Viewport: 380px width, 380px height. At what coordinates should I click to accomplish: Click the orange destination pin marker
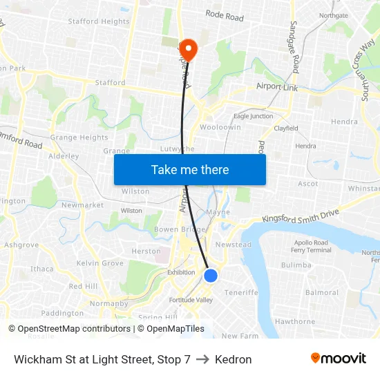[188, 49]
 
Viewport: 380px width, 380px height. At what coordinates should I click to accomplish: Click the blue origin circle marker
[211, 276]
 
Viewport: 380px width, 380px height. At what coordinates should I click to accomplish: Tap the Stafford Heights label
[98, 21]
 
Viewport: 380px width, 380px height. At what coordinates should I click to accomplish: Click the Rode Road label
[225, 15]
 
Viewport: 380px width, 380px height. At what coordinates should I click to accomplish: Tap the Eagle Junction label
[253, 116]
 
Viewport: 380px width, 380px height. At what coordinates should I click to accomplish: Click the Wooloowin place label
[220, 128]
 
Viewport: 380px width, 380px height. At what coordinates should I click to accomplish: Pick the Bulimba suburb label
[296, 265]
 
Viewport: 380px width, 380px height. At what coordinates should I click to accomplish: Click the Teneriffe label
[241, 292]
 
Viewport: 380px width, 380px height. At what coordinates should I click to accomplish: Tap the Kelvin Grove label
[99, 263]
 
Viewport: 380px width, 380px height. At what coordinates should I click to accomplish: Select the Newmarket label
[82, 205]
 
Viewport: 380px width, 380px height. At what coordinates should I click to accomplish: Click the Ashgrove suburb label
[21, 245]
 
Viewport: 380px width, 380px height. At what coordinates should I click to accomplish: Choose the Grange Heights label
[79, 137]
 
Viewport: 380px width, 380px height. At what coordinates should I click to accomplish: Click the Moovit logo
[338, 359]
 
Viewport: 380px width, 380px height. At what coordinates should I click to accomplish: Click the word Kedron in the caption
[233, 359]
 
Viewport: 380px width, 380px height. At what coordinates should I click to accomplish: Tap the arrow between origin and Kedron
[202, 359]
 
